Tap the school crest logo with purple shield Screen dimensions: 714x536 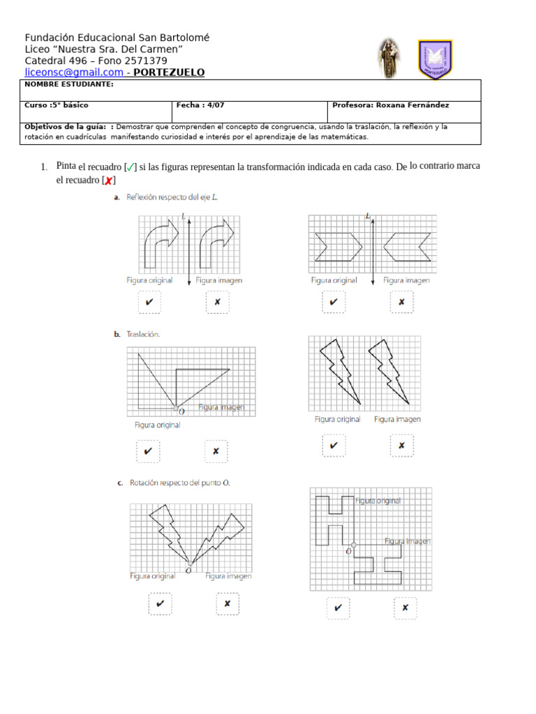(435, 59)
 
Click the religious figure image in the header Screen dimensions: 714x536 (387, 59)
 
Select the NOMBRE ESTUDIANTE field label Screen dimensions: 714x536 (68, 84)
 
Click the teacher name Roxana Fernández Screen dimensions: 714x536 (412, 105)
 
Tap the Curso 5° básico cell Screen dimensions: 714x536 (57, 105)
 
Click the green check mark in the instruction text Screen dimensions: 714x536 (131, 167)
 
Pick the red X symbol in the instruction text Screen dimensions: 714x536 (108, 181)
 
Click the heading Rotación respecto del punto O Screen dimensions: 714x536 (178, 483)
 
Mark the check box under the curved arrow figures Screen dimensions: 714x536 (149, 303)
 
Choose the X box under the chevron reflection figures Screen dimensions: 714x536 (401, 303)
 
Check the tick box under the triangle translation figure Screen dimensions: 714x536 (148, 452)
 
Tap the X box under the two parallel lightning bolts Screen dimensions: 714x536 (401, 446)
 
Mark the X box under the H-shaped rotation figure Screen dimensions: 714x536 (405, 608)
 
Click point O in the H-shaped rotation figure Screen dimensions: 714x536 (355, 545)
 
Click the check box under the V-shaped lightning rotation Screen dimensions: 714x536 (160, 604)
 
